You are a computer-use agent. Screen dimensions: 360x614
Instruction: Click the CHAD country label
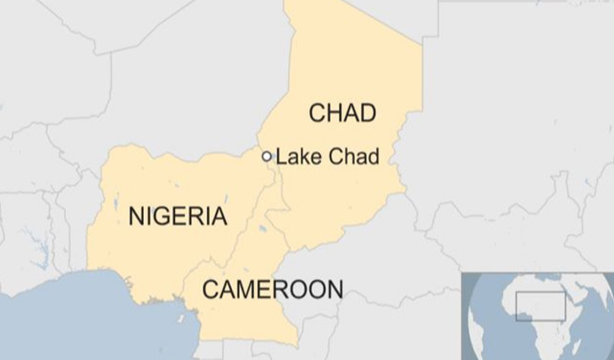pos(342,113)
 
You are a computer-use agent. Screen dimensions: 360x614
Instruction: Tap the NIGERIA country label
pos(178,216)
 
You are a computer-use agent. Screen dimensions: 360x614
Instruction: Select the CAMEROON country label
pos(273,290)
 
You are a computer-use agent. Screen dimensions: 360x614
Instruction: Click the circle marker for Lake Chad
pos(267,156)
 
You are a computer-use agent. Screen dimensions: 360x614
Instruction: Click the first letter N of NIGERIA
pos(136,216)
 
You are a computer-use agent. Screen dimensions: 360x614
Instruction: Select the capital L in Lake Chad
pos(281,157)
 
